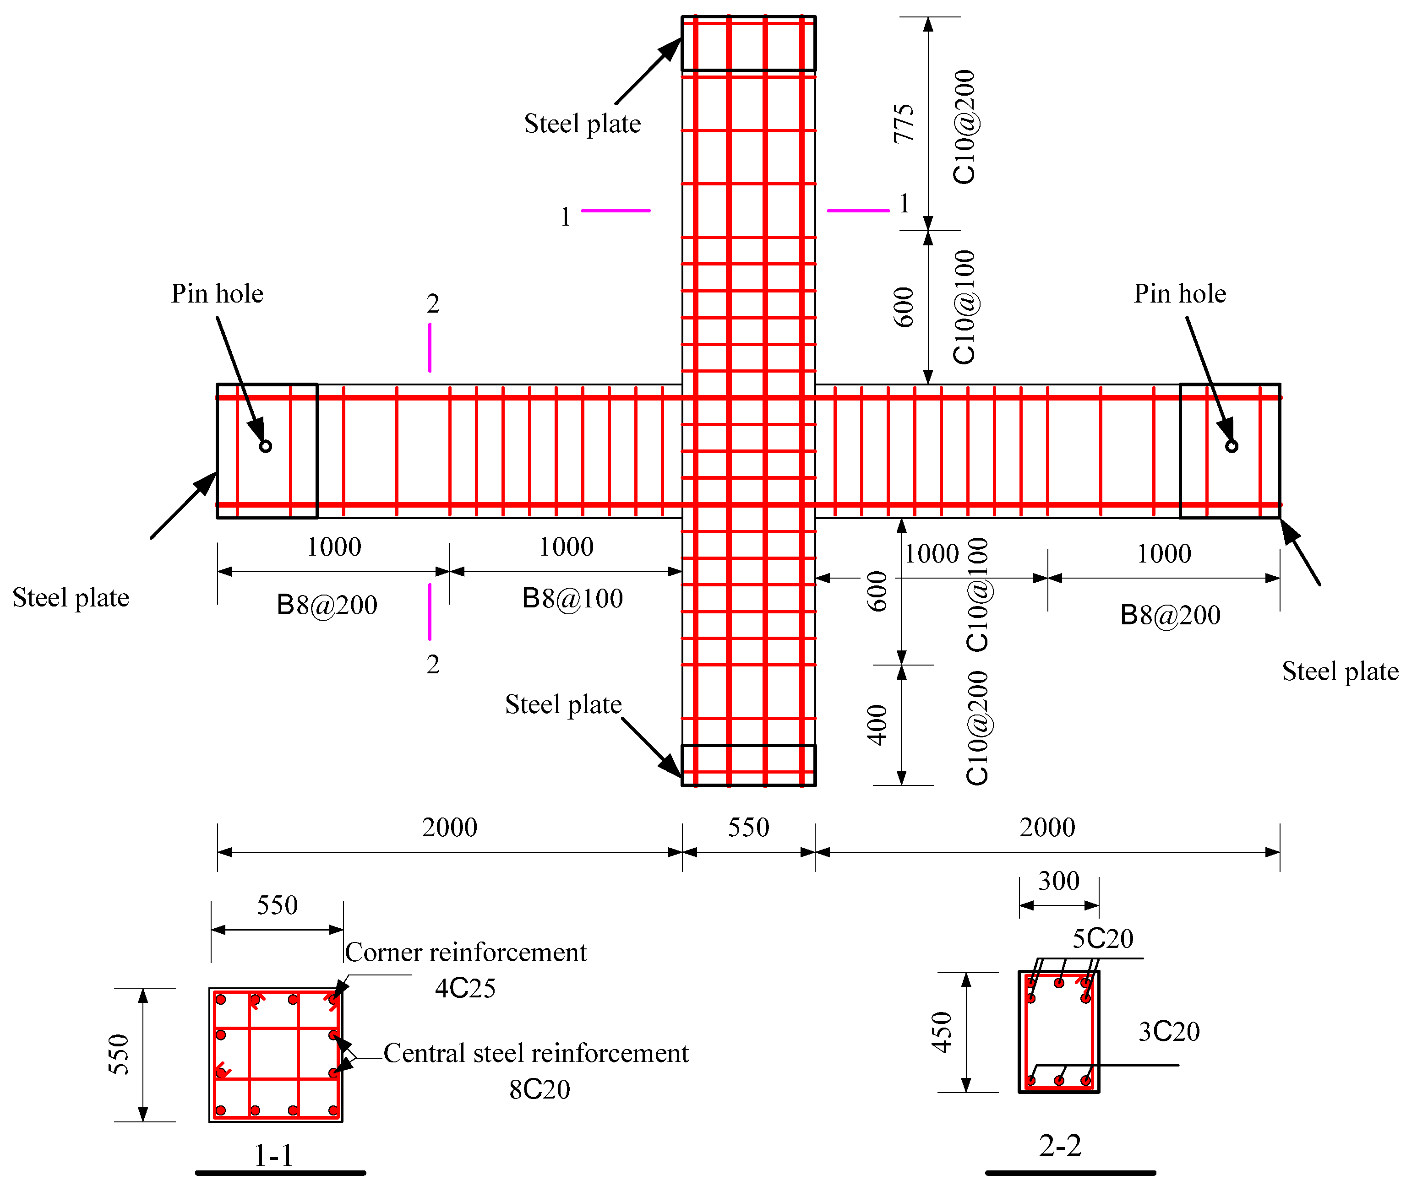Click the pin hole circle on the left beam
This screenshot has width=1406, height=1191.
[x=266, y=446]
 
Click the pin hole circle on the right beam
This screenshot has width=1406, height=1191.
[x=1232, y=446]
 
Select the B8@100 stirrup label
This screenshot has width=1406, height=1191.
[x=572, y=599]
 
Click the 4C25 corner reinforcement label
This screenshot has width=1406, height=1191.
[x=465, y=988]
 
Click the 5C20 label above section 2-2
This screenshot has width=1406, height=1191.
[x=1103, y=938]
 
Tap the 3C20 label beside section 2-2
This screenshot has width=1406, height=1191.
[x=1169, y=1032]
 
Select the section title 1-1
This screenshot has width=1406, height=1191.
[x=273, y=1156]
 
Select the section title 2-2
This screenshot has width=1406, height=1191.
[x=1060, y=1146]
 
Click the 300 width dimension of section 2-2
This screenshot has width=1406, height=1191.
[x=1059, y=881]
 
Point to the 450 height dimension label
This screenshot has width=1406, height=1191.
[x=942, y=1032]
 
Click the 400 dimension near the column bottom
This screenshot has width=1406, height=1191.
[x=877, y=725]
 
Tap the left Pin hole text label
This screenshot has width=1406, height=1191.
[x=217, y=294]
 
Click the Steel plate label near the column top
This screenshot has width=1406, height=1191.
[x=583, y=124]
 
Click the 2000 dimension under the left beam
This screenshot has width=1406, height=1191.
[x=449, y=828]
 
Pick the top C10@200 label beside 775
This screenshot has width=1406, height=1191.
[x=964, y=127]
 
